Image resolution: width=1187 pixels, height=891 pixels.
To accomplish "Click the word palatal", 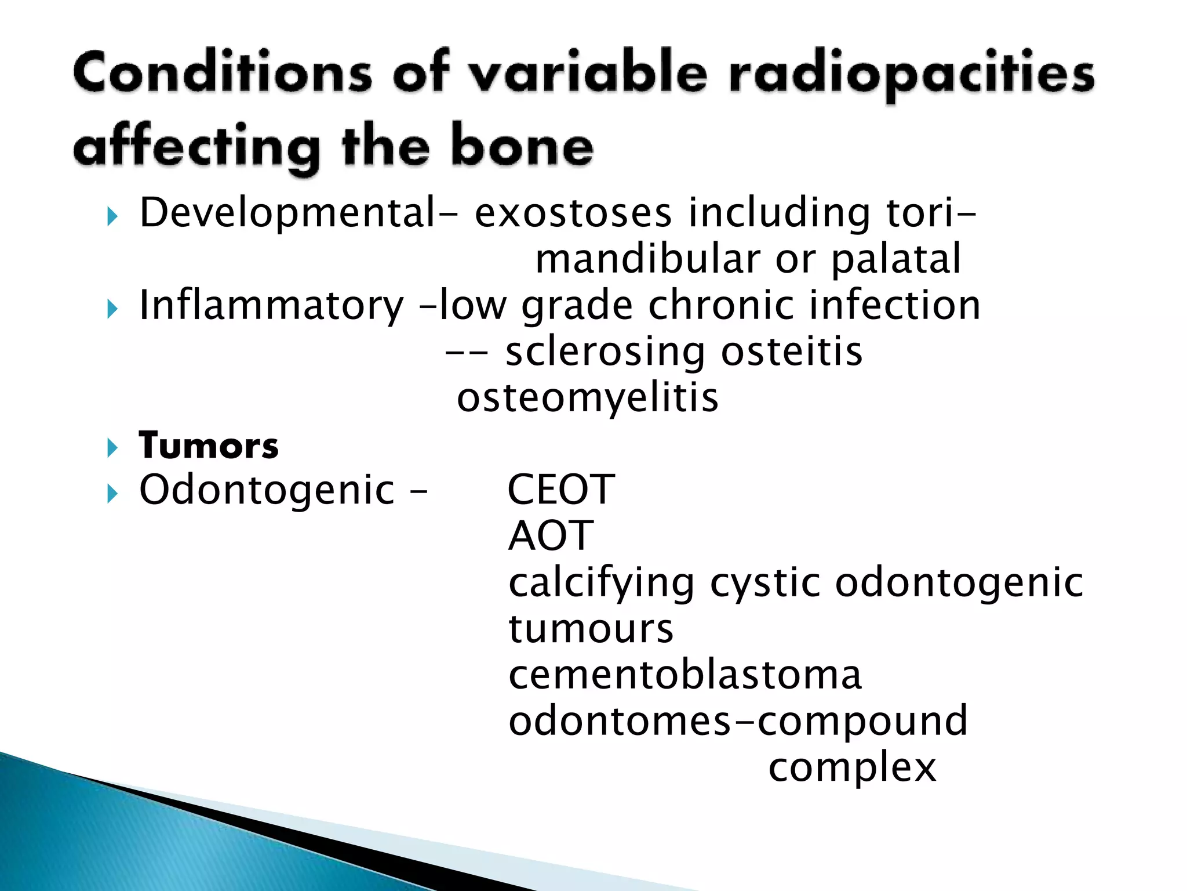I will click(896, 259).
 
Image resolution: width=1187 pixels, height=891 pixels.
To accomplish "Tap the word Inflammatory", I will click(271, 306).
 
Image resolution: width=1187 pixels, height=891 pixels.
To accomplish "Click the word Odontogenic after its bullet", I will click(267, 491).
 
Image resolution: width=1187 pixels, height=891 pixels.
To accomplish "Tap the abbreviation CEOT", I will click(560, 490).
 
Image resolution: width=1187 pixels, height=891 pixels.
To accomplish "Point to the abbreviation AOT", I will click(551, 536).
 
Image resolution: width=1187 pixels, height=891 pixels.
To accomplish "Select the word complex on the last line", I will click(852, 768).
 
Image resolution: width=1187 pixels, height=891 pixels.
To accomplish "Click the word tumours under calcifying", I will click(591, 629).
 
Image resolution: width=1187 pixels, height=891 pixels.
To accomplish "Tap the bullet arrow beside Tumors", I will click(112, 448).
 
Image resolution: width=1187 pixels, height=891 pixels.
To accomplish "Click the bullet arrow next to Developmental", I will click(112, 218).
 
